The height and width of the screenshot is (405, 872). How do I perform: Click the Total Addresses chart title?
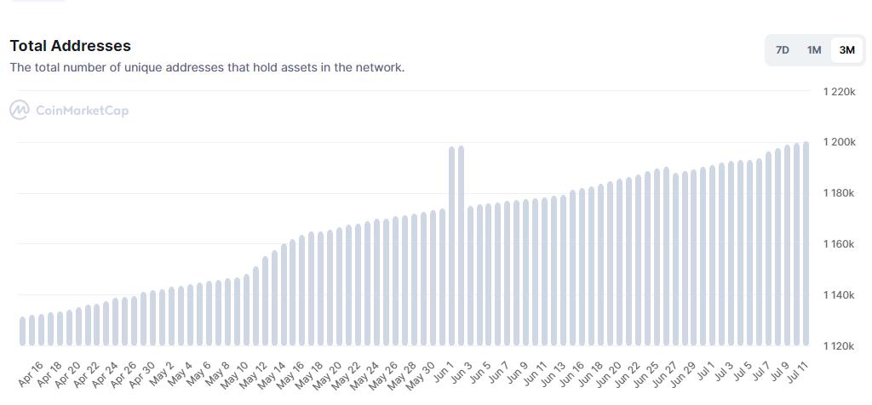71,46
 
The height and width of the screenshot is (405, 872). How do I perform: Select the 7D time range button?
782,50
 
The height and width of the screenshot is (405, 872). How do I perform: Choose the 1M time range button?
814,50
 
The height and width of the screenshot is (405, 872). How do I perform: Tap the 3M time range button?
846,50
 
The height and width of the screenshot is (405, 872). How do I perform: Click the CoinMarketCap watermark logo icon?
19,110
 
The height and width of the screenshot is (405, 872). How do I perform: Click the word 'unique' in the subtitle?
147,67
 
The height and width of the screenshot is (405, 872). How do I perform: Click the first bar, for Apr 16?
22,331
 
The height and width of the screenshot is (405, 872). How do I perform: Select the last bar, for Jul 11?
805,243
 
